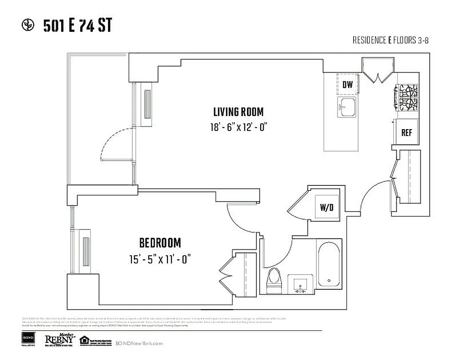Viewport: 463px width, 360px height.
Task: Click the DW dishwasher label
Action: [347, 85]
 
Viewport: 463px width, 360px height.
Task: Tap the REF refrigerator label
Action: [407, 133]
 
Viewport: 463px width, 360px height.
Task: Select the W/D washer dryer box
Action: [327, 207]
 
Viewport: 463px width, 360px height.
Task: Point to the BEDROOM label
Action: [160, 243]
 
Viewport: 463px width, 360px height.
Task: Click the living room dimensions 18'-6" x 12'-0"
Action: [236, 127]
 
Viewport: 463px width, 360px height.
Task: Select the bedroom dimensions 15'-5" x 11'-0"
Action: [160, 259]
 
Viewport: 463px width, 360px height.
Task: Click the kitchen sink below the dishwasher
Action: [347, 107]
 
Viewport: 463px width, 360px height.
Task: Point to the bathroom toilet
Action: [274, 279]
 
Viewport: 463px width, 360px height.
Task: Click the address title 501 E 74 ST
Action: [77, 26]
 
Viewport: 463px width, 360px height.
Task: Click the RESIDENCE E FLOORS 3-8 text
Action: [390, 40]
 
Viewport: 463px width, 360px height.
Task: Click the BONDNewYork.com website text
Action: [139, 343]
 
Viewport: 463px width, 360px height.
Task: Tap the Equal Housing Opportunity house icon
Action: [84, 340]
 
